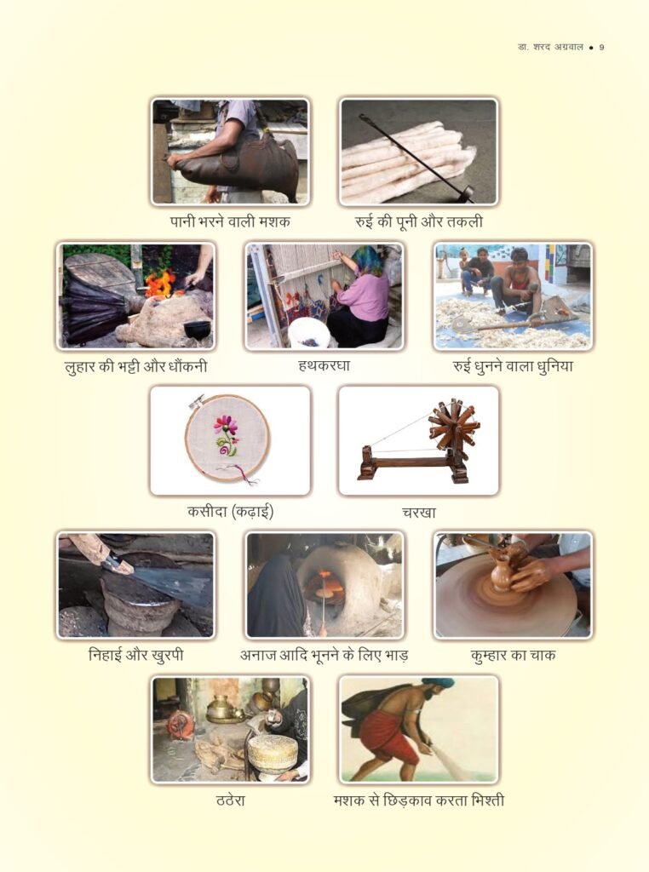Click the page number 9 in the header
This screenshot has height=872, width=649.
coord(601,48)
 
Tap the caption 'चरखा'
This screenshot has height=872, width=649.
coord(419,512)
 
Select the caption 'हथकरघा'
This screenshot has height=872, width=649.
coord(324,366)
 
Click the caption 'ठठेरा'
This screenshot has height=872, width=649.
coord(230,800)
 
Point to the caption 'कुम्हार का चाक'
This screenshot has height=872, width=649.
coord(513,655)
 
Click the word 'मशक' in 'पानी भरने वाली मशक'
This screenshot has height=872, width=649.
coord(274,221)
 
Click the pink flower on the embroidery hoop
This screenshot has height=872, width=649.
coord(226,426)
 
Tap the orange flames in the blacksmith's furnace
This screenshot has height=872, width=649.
coord(160,283)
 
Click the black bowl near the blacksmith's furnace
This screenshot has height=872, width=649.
coord(197,330)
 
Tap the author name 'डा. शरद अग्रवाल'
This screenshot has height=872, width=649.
coord(550,48)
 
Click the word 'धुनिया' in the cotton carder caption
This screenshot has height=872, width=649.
coord(554,366)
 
